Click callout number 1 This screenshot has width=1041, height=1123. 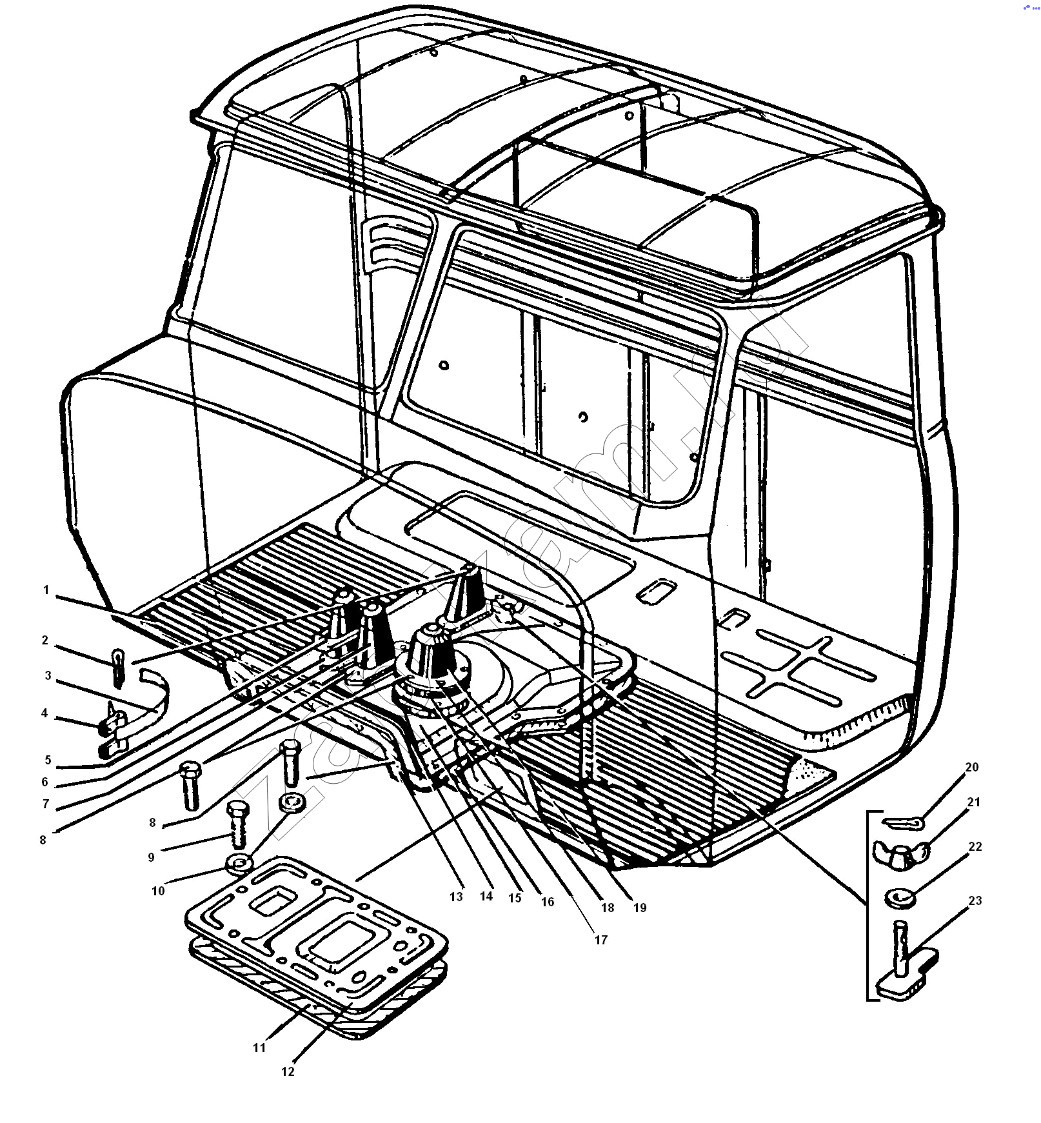tap(46, 590)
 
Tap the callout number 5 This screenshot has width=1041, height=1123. tap(47, 760)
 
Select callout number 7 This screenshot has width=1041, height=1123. tap(45, 804)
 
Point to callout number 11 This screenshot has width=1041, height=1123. tap(259, 1048)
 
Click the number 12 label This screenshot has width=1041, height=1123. tap(288, 1071)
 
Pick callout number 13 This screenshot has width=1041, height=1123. tap(456, 897)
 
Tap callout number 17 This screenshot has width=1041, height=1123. tap(600, 940)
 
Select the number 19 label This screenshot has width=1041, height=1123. tap(639, 908)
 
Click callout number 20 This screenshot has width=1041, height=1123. tap(971, 767)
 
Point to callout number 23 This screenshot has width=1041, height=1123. tap(975, 900)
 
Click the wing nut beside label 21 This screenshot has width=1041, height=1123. tap(900, 851)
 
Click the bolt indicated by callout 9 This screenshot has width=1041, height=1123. tap(237, 824)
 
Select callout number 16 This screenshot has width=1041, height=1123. tap(547, 902)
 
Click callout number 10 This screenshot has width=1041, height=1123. tap(158, 891)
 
